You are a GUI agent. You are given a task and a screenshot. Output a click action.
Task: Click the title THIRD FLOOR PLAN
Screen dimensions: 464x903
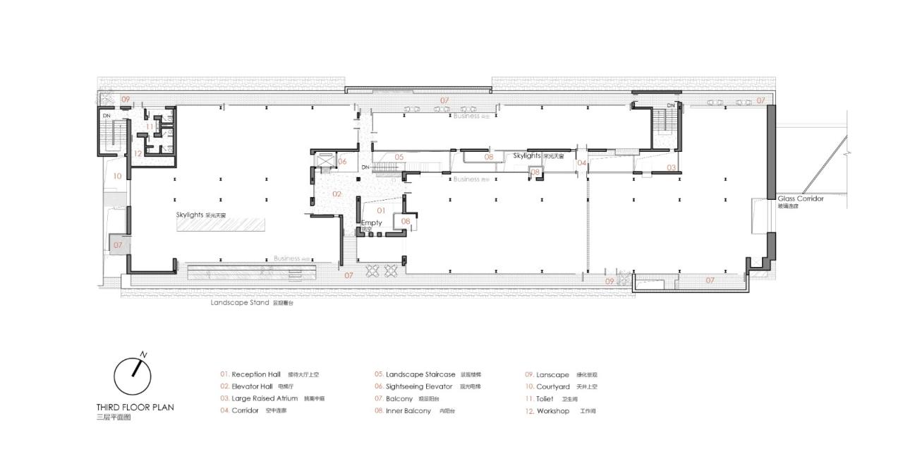[135, 408]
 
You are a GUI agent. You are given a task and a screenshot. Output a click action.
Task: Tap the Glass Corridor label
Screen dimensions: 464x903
[800, 199]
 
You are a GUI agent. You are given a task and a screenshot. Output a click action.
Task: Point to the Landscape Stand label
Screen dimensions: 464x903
[240, 302]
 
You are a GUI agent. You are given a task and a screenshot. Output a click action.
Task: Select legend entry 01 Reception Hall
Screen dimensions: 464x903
[255, 374]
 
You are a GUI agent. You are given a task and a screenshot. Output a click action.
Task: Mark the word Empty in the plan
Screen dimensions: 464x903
[371, 222]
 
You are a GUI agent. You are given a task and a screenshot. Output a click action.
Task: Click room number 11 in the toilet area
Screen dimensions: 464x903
[150, 126]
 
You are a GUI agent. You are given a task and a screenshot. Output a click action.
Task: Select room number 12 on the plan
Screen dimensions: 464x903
[138, 153]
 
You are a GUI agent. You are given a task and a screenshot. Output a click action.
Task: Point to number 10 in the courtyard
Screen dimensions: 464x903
[117, 176]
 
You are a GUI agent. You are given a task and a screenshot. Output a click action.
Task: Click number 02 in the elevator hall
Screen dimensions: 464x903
[337, 194]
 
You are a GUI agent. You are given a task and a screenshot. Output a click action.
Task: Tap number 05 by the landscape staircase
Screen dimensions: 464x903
[399, 157]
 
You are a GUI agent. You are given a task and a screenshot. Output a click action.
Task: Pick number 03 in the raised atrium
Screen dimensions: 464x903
[672, 167]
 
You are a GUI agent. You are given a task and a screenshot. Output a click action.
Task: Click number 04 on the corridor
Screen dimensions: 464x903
[581, 163]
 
